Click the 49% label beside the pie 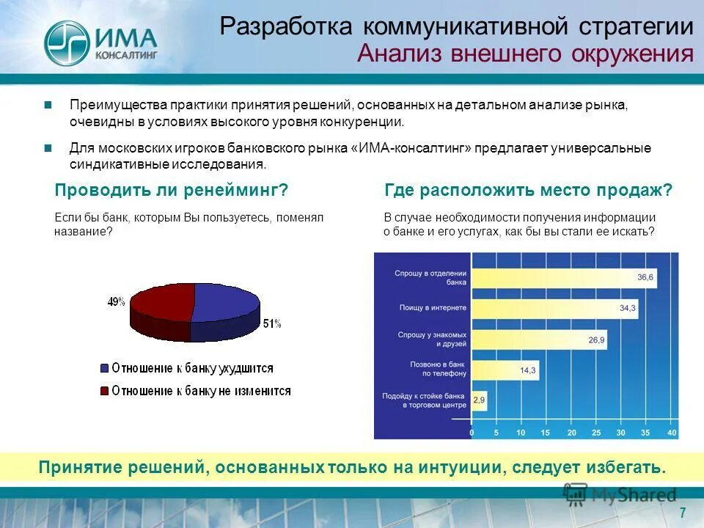pyautogui.click(x=117, y=301)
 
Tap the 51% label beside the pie pyautogui.click(x=271, y=323)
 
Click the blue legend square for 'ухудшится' pyautogui.click(x=105, y=368)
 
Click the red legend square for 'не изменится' pyautogui.click(x=105, y=391)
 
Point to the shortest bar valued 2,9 pyautogui.click(x=478, y=400)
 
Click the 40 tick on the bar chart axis pyautogui.click(x=672, y=433)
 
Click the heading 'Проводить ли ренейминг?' pyautogui.click(x=171, y=191)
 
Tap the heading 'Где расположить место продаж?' pyautogui.click(x=528, y=191)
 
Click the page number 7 pyautogui.click(x=682, y=512)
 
